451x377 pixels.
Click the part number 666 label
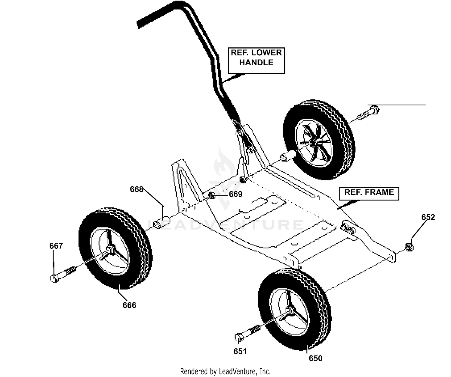coord(129,305)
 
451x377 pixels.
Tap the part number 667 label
coord(56,246)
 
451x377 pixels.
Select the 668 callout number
coord(137,189)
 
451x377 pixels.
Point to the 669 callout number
coord(236,194)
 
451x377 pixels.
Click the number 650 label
coord(315,358)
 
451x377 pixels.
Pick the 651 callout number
coord(240,351)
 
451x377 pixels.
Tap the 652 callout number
coord(428,217)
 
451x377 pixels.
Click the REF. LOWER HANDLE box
coord(256,61)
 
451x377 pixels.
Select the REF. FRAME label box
coord(369,194)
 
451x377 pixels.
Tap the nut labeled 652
coord(409,247)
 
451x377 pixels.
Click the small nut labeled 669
coord(212,195)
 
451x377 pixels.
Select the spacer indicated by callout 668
coord(161,222)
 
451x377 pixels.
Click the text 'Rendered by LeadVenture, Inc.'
coord(225,371)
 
